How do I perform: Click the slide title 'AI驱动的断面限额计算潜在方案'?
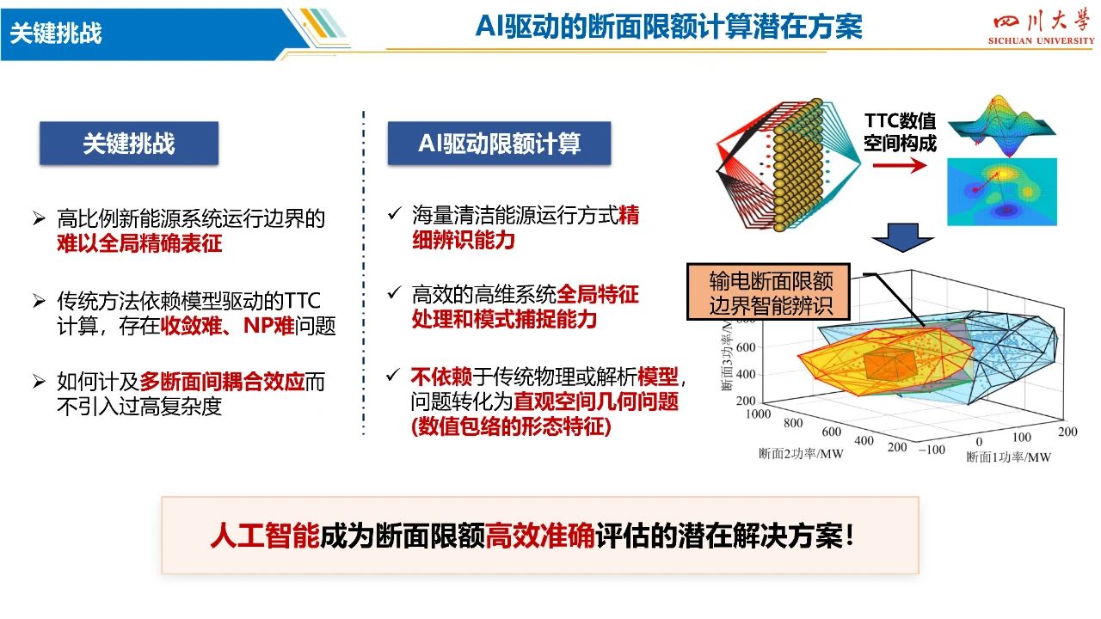pos(669,27)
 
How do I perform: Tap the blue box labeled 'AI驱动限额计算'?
pos(500,143)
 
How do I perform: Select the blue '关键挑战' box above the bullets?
pos(129,143)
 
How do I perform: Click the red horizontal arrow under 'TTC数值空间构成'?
pos(900,165)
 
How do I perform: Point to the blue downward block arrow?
pos(902,238)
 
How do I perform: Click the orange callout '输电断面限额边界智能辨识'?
pos(768,291)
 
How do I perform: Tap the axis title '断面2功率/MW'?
pos(801,453)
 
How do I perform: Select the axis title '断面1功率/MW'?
pos(1009,457)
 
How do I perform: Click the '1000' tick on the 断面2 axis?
pos(758,414)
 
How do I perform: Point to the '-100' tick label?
pos(932,450)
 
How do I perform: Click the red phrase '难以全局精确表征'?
pos(139,243)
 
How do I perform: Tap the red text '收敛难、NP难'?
pos(228,326)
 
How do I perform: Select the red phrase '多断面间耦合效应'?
pos(222,382)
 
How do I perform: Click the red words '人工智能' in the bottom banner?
pos(266,536)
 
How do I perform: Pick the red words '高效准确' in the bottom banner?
pos(540,536)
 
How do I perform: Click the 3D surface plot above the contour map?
pos(1002,126)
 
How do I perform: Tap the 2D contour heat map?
pos(1002,192)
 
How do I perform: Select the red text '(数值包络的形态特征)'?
pos(511,426)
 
